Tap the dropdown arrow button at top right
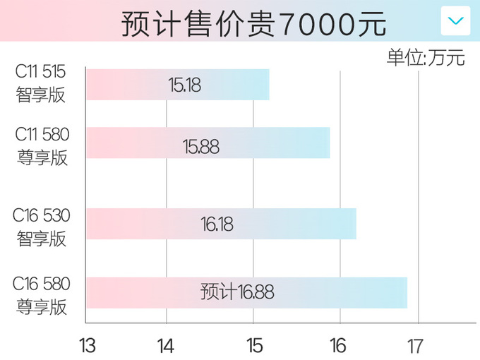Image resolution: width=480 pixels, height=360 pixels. tap(455, 20)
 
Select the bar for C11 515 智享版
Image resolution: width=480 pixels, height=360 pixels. tap(177, 85)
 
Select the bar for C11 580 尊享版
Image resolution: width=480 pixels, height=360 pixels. tap(208, 143)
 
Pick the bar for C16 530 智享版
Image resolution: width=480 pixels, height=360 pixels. tap(221, 224)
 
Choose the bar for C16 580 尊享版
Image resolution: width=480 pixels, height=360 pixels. tap(246, 292)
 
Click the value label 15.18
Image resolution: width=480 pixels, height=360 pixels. tap(185, 85)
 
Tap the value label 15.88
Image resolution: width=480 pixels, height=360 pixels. tap(200, 147)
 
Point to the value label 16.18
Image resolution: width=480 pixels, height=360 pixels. tap(217, 224)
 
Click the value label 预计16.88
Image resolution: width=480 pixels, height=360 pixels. tap(237, 292)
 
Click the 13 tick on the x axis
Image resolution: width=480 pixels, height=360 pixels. tap(87, 346)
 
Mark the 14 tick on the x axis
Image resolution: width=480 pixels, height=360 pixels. tap(167, 346)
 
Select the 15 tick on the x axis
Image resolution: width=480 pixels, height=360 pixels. tap(254, 346)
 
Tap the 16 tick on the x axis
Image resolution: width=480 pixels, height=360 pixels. tap(338, 346)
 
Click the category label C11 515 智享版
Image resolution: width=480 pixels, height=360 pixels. tap(42, 84)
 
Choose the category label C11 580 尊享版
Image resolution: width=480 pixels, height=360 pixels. tap(42, 145)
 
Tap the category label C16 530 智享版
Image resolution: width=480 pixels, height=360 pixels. tap(42, 227)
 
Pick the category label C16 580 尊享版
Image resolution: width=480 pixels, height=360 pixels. tap(42, 295)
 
